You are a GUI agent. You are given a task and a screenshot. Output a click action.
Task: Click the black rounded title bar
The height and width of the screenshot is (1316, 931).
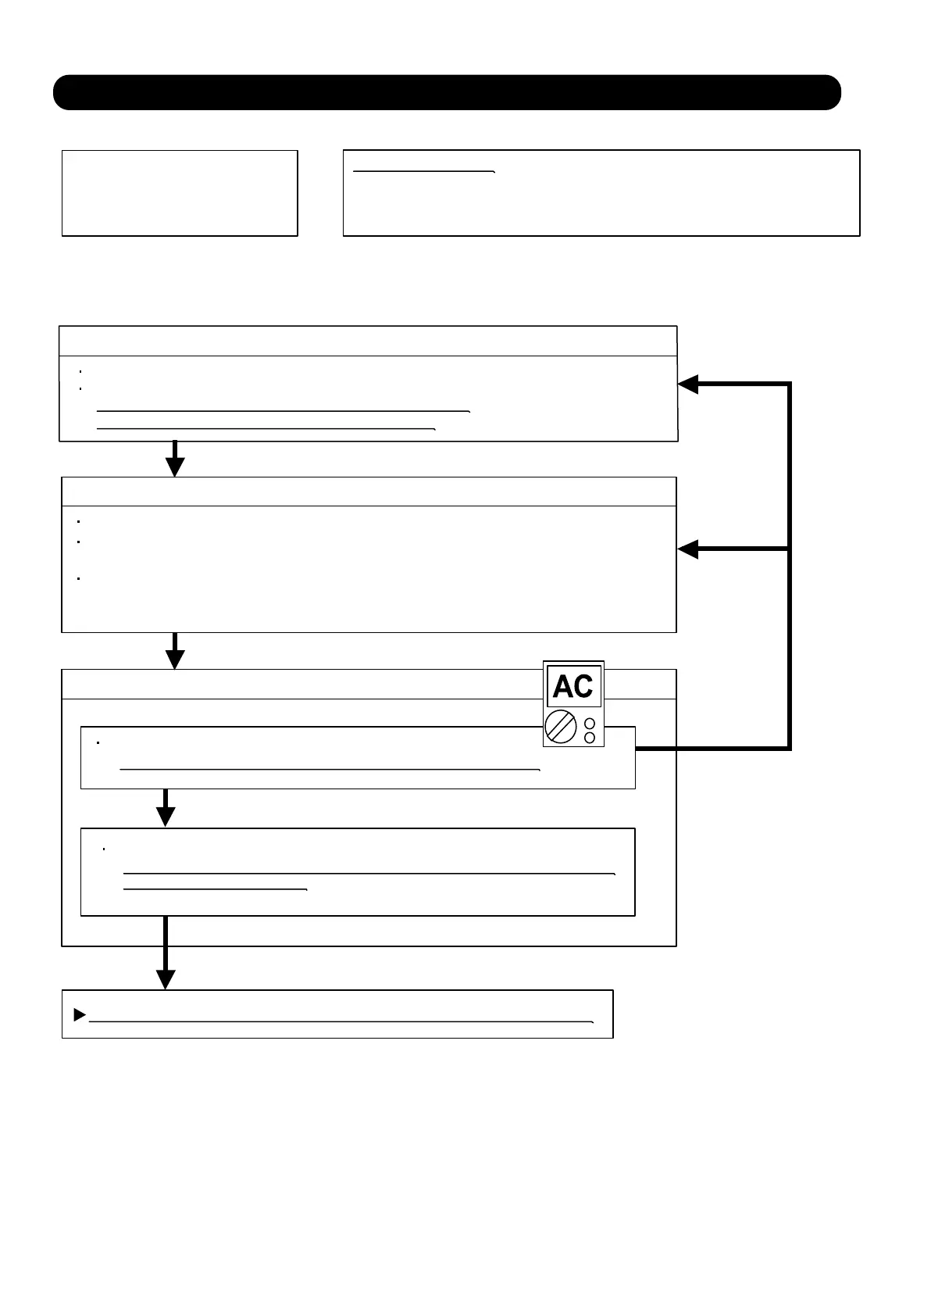point(447,92)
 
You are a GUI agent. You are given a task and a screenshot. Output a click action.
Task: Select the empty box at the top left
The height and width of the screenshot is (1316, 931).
point(180,193)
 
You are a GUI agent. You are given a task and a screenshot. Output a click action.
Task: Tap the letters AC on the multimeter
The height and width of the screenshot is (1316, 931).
point(573,687)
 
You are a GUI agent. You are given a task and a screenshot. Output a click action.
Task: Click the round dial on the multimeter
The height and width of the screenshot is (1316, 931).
point(561,728)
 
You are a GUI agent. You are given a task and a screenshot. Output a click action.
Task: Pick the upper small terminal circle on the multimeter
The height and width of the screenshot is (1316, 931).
point(590,724)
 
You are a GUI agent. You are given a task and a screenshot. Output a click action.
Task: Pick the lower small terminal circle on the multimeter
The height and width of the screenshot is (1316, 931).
point(590,738)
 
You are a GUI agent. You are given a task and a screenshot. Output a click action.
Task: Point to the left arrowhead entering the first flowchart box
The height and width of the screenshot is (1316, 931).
point(688,384)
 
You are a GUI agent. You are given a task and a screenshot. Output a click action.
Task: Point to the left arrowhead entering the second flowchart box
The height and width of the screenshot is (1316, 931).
point(688,549)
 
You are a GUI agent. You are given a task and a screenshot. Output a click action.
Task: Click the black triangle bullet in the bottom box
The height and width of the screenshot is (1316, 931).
point(79,1015)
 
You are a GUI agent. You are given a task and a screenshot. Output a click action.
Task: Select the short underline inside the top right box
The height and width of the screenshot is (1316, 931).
point(424,170)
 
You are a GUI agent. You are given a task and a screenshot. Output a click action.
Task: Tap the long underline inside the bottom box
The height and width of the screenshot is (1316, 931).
point(341,1021)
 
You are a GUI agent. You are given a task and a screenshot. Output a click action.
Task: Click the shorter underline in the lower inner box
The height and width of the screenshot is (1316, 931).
point(216,889)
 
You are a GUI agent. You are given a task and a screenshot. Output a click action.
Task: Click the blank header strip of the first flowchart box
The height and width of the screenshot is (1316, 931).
point(368,342)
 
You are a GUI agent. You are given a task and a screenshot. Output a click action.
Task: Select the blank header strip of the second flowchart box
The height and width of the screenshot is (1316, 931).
point(368,492)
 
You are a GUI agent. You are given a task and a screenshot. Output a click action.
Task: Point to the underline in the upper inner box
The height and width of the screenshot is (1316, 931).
point(330,770)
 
